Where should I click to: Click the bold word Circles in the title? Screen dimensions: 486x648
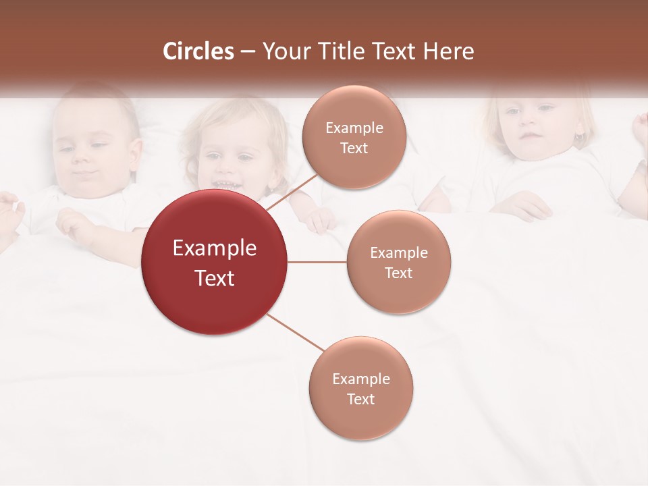pyautogui.click(x=198, y=51)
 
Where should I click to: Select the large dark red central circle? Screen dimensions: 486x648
pyautogui.click(x=214, y=262)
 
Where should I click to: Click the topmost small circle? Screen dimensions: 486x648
pyautogui.click(x=354, y=137)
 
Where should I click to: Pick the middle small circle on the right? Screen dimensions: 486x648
pyautogui.click(x=398, y=262)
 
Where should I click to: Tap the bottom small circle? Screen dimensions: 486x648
pyautogui.click(x=360, y=388)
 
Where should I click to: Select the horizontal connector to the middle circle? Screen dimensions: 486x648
pyautogui.click(x=317, y=262)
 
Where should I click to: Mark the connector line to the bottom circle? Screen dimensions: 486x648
pyautogui.click(x=295, y=333)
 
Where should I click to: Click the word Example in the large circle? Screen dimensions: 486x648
pyautogui.click(x=214, y=248)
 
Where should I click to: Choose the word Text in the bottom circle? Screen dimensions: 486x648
pyautogui.click(x=360, y=399)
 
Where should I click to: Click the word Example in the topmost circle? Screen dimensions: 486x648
pyautogui.click(x=354, y=128)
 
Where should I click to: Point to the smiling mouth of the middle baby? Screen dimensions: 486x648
pyautogui.click(x=225, y=184)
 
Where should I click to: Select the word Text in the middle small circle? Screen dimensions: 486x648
pyautogui.click(x=398, y=273)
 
